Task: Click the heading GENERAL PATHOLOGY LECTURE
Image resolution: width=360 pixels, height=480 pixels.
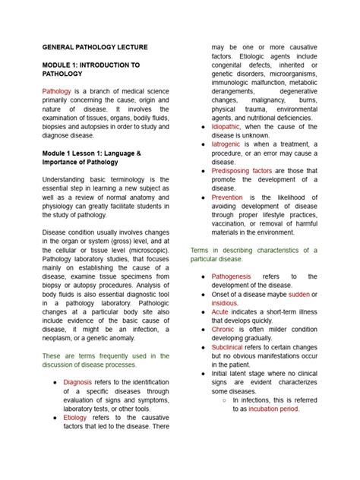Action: [x=95, y=47]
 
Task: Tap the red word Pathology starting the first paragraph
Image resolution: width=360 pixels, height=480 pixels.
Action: [x=59, y=91]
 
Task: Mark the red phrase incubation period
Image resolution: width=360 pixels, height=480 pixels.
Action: [x=273, y=408]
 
